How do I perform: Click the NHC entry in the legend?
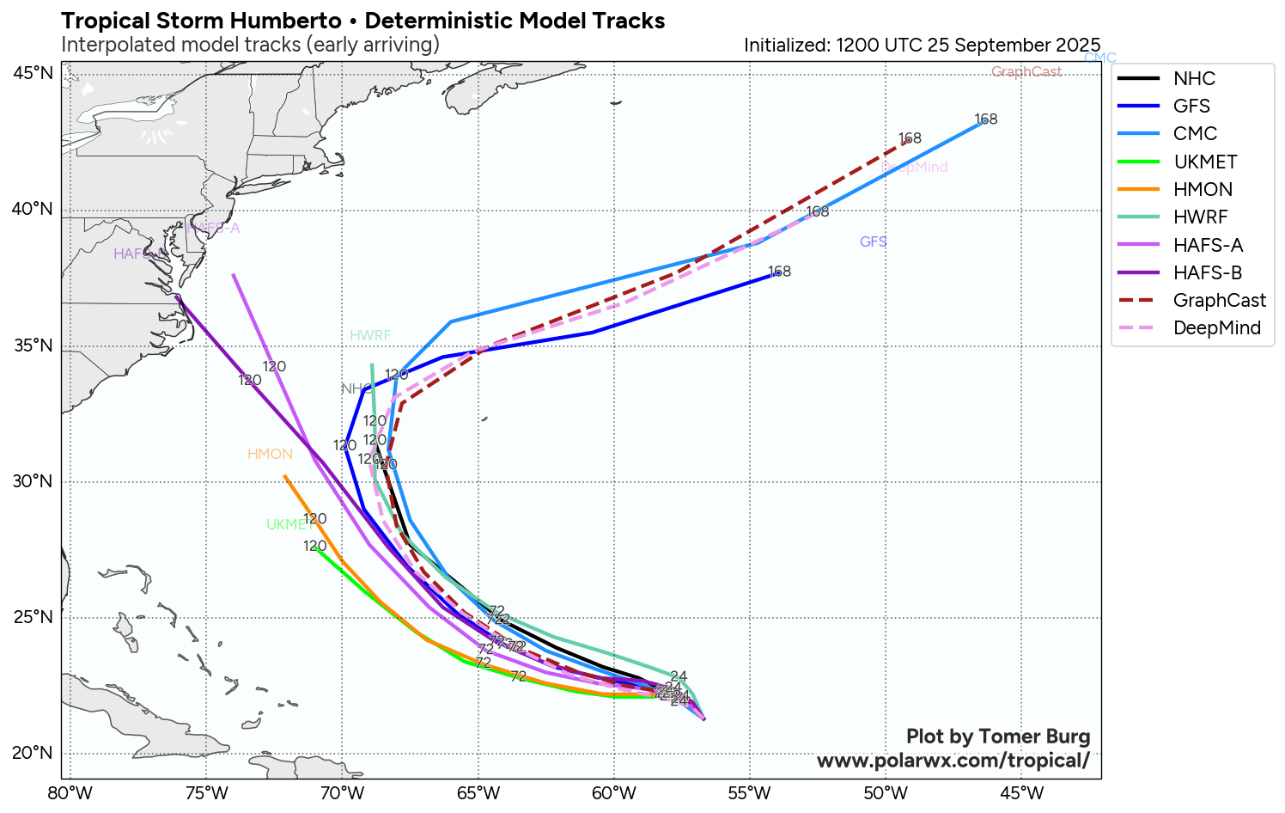pos(1194,78)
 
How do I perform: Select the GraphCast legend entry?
pos(1219,300)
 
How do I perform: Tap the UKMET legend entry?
pos(1205,162)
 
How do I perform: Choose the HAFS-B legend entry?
pos(1208,272)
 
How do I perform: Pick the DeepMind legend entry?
pos(1216,327)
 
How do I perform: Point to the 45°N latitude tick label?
pos(33,73)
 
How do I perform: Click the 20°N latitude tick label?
pos(33,753)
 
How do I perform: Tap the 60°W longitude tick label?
pos(613,792)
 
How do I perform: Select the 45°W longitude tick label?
pos(1021,792)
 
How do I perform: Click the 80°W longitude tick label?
pos(70,792)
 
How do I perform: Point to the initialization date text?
pos(922,45)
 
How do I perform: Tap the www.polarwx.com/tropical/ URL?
pos(953,761)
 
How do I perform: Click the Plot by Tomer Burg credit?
pos(998,737)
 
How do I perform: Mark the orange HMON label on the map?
pos(270,454)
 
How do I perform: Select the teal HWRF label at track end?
pos(370,335)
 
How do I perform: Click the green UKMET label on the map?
pos(289,524)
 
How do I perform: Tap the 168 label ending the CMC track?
pos(985,119)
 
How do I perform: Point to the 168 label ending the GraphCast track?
pos(910,138)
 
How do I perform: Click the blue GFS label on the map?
pos(873,241)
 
